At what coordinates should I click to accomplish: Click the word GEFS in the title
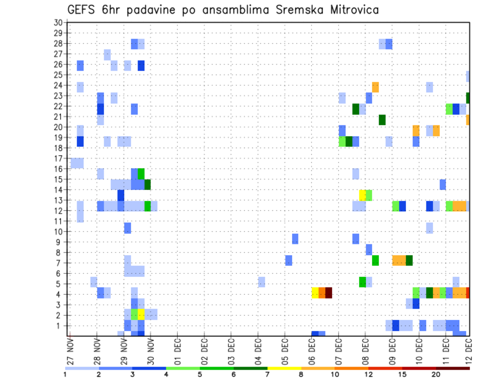pyautogui.click(x=81, y=9)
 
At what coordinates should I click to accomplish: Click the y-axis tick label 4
pyautogui.click(x=60, y=294)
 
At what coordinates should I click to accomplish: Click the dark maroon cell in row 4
pyautogui.click(x=329, y=293)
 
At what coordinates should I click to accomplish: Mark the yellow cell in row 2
pyautogui.click(x=141, y=314)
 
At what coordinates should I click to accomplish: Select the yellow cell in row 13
pyautogui.click(x=362, y=195)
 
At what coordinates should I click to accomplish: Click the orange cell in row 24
pyautogui.click(x=376, y=87)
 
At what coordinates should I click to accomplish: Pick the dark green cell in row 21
pyautogui.click(x=382, y=120)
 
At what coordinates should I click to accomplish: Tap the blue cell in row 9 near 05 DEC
pyautogui.click(x=295, y=239)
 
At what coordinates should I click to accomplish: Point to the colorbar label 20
pyautogui.click(x=436, y=374)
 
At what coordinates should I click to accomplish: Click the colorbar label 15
pyautogui.click(x=402, y=374)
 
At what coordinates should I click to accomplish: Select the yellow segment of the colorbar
pyautogui.click(x=284, y=368)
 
